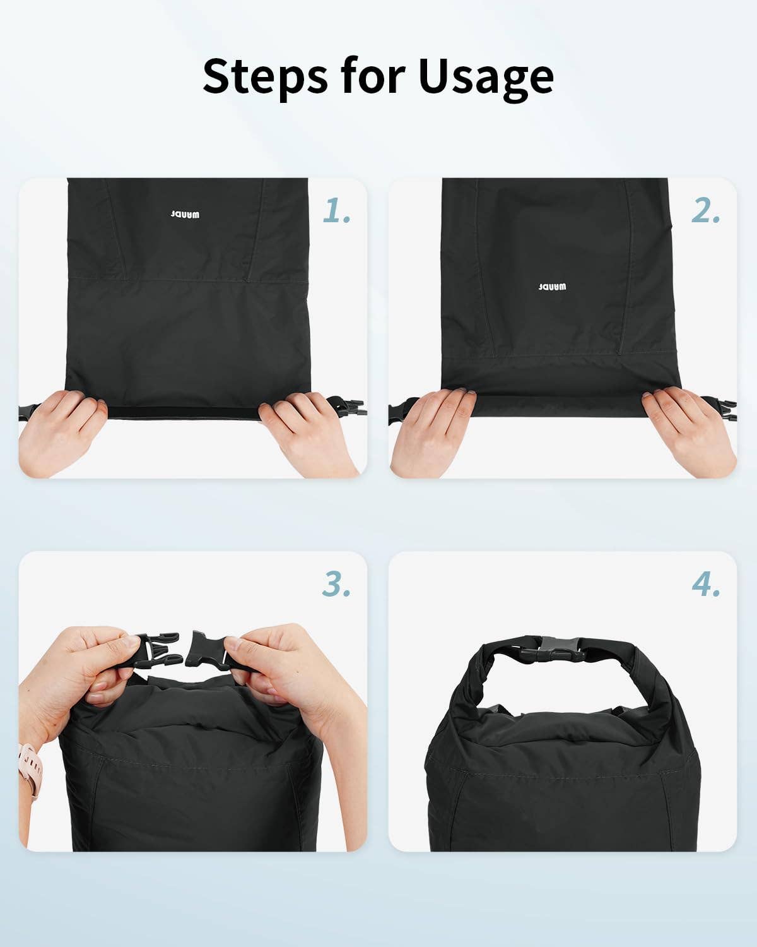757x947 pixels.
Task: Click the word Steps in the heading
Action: (x=265, y=76)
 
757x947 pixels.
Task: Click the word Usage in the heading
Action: (x=486, y=79)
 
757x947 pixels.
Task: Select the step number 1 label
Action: (x=336, y=210)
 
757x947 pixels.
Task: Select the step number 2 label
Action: (x=705, y=210)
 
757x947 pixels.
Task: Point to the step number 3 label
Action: (x=336, y=584)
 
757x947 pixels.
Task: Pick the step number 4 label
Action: (x=706, y=584)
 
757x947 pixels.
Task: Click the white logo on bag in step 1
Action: (x=185, y=214)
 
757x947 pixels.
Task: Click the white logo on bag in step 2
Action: (x=553, y=287)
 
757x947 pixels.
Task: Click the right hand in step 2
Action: (x=686, y=431)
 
